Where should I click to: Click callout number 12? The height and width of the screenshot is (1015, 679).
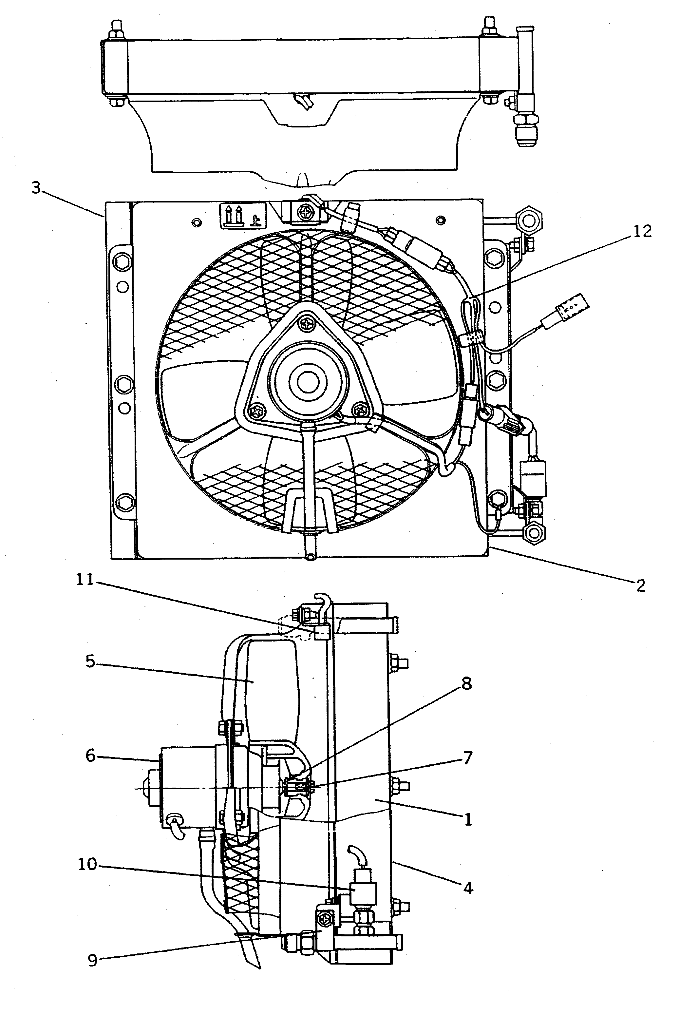642,232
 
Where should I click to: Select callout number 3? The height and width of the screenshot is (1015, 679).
36,188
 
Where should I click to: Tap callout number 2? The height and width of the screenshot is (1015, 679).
641,586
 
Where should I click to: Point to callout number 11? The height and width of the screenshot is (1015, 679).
85,580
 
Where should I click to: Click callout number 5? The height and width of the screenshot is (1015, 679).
90,662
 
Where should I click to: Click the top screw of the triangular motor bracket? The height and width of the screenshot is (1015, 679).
308,323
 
